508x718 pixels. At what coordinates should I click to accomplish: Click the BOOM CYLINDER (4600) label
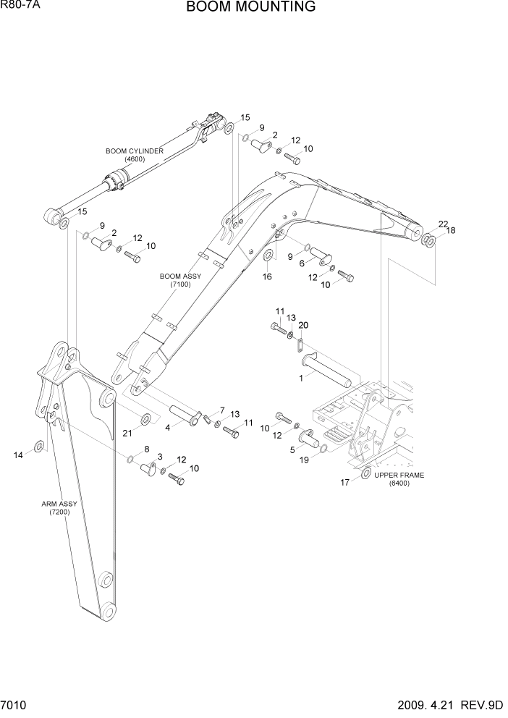[135, 155]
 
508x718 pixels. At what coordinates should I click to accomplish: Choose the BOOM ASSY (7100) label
[180, 281]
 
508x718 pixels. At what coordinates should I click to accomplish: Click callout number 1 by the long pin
[301, 377]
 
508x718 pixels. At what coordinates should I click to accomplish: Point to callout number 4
[167, 427]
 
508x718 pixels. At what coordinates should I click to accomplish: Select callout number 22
[443, 224]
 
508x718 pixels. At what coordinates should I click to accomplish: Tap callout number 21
[127, 433]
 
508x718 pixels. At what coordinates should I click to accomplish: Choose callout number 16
[266, 276]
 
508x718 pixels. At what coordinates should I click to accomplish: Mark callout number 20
[303, 325]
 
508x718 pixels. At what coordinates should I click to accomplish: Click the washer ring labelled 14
[39, 445]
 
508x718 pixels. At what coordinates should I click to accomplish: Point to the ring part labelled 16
[268, 256]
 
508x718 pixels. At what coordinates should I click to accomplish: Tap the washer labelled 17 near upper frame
[365, 473]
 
